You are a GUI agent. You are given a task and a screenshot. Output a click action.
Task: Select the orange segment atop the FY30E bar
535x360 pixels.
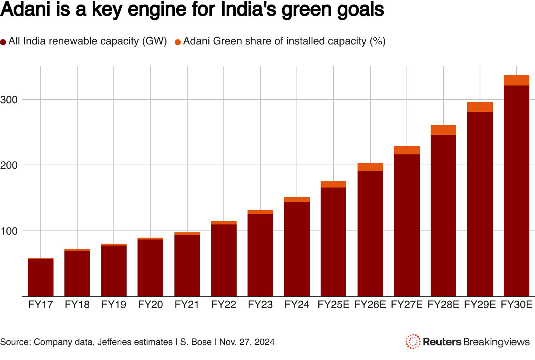point(516,81)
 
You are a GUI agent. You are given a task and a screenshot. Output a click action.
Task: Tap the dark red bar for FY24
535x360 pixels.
point(297,249)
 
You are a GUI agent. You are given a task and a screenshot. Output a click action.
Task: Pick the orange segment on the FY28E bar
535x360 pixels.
point(443,130)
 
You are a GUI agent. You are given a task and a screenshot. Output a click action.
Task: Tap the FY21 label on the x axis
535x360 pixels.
point(187,305)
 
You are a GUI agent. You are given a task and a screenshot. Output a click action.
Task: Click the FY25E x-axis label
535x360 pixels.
point(333,305)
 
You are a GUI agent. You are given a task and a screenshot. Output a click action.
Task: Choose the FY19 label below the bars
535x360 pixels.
point(114,305)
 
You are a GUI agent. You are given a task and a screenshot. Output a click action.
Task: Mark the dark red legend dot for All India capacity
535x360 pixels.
point(3,42)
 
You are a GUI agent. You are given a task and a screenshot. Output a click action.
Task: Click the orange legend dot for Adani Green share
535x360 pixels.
point(178,42)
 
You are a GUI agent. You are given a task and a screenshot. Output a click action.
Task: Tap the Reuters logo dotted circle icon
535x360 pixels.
point(413,342)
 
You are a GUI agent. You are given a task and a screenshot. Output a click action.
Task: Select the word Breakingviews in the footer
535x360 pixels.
point(497,342)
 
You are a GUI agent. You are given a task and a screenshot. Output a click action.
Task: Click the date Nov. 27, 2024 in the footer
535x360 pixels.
point(247,342)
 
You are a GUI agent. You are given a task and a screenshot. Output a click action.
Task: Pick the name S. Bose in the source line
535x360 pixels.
point(196,342)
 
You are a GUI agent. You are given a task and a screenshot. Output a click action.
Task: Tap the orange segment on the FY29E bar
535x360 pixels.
point(480,107)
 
